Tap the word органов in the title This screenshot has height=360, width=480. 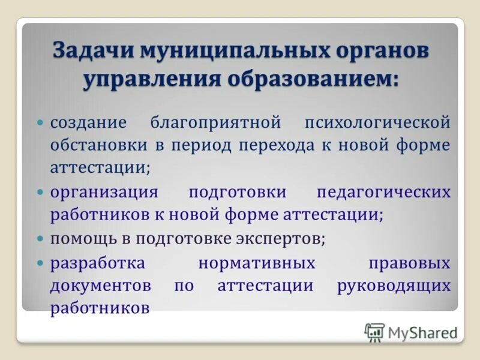[x=382, y=50]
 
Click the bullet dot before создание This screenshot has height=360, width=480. [x=41, y=122]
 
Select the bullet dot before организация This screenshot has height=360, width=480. [x=41, y=192]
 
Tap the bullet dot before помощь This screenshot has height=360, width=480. [x=41, y=238]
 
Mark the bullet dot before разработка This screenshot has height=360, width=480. [x=41, y=262]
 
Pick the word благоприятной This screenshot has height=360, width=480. [x=215, y=122]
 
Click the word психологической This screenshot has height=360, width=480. [x=377, y=122]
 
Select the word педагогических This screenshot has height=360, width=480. [x=383, y=192]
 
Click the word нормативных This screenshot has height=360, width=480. [x=257, y=262]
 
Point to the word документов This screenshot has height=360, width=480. [x=100, y=286]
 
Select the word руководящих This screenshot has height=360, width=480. [x=394, y=286]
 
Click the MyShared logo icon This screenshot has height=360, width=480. [x=374, y=332]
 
